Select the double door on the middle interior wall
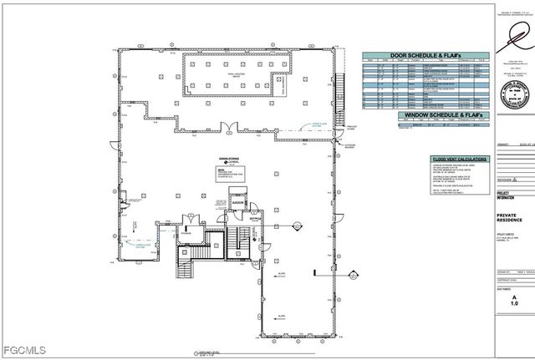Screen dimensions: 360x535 [227, 128]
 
